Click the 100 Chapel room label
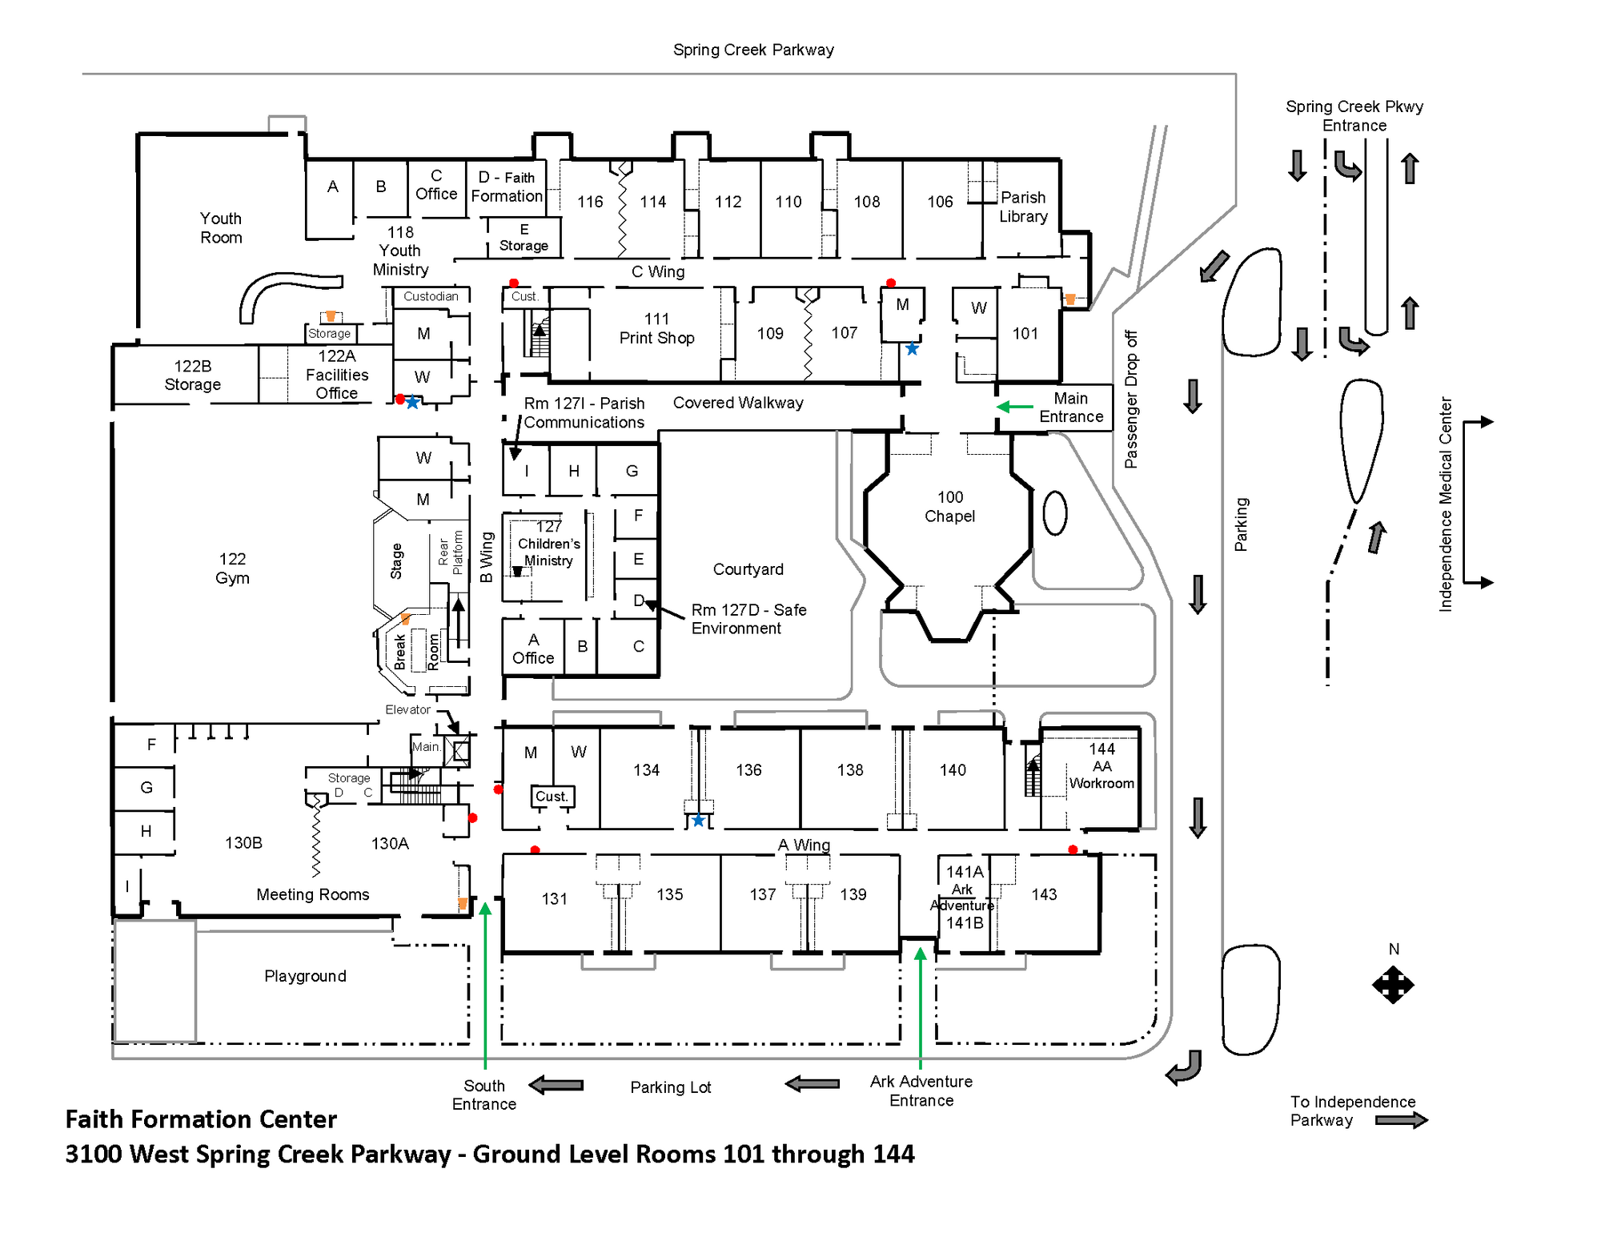pyautogui.click(x=949, y=507)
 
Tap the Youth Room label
pyautogui.click(x=221, y=228)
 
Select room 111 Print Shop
pyautogui.click(x=656, y=329)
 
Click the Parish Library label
pyautogui.click(x=1023, y=207)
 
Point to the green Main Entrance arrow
pyautogui.click(x=1014, y=407)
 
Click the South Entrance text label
pyautogui.click(x=484, y=1094)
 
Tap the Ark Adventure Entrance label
pyautogui.click(x=921, y=1090)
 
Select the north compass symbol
pyautogui.click(x=1393, y=984)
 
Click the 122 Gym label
pyautogui.click(x=232, y=568)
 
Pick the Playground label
pyautogui.click(x=305, y=976)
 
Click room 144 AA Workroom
pyautogui.click(x=1101, y=766)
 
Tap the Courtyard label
pyautogui.click(x=748, y=569)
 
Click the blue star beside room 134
pyautogui.click(x=698, y=820)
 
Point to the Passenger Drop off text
pyautogui.click(x=1130, y=399)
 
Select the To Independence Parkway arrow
pyautogui.click(x=1401, y=1120)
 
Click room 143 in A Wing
pyautogui.click(x=1044, y=894)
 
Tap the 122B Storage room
pyautogui.click(x=192, y=376)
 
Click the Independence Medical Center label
pyautogui.click(x=1445, y=504)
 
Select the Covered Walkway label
pyautogui.click(x=737, y=403)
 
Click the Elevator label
pyautogui.click(x=407, y=709)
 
